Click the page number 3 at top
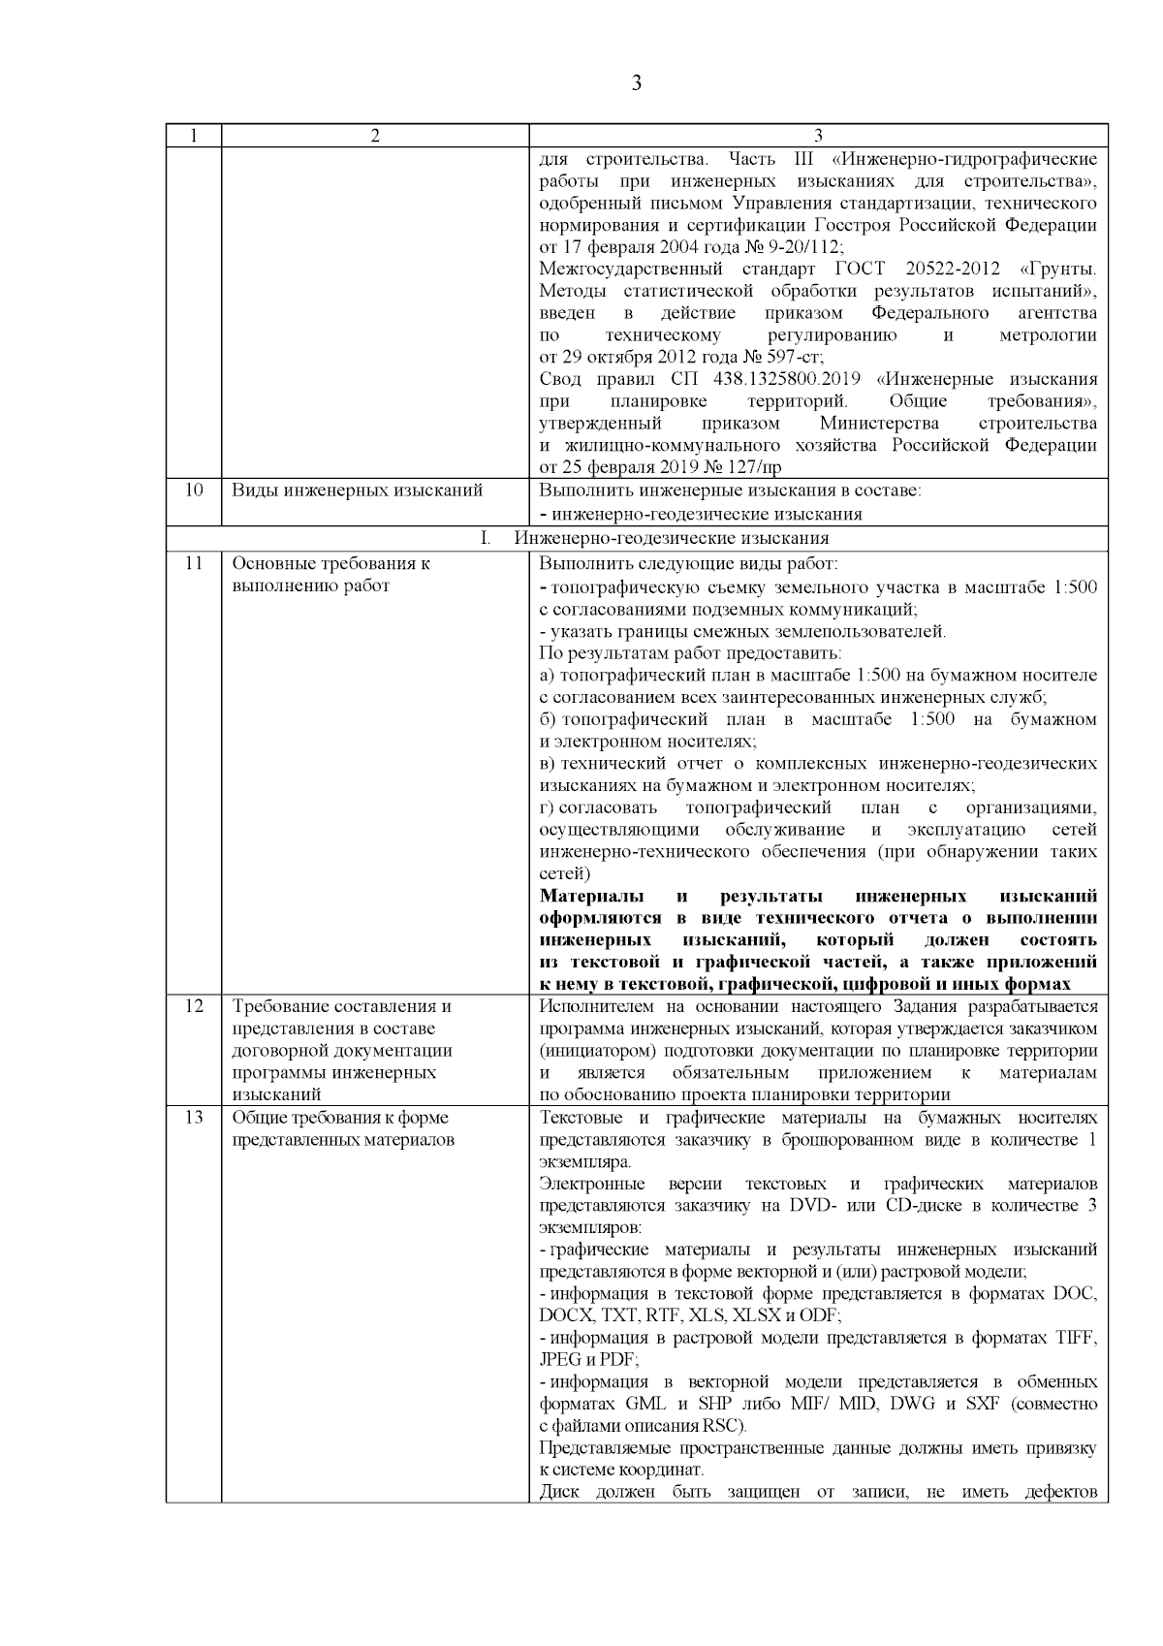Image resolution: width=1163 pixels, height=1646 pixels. (636, 83)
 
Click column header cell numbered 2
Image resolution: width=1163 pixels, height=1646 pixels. (375, 136)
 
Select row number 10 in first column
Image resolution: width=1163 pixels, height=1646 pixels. (193, 490)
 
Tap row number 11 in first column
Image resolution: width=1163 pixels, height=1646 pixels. (193, 563)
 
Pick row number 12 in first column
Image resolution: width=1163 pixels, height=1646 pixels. (193, 1006)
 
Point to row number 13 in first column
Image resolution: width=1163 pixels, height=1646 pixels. (193, 1117)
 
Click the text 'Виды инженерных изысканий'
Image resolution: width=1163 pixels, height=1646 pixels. (357, 491)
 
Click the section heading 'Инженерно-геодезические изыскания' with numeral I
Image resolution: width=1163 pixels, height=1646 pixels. (671, 538)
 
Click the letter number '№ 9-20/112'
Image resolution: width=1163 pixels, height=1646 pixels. (795, 246)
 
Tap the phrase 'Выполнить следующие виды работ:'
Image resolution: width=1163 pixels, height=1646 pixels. (688, 563)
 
